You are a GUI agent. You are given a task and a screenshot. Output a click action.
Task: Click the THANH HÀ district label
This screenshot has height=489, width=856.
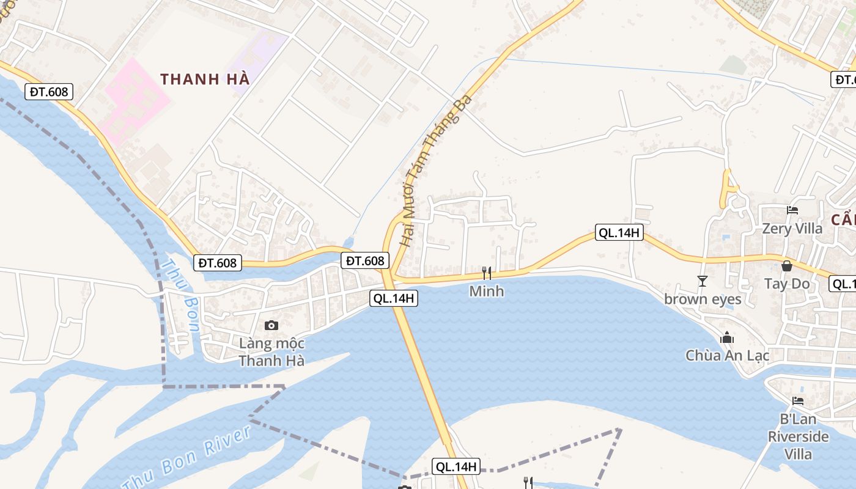(205, 79)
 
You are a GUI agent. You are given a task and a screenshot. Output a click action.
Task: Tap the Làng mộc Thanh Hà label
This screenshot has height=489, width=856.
(271, 352)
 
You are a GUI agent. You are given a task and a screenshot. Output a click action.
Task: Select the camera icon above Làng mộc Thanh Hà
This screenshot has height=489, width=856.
(271, 325)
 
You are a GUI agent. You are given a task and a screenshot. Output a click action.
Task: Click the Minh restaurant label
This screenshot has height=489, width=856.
(487, 291)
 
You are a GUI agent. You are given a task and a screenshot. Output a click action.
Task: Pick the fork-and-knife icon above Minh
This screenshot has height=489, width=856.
(487, 273)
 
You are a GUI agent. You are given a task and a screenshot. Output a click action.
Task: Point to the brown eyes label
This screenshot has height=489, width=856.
(703, 299)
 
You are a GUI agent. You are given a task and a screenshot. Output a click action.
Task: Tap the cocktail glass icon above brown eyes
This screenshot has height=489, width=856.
(702, 281)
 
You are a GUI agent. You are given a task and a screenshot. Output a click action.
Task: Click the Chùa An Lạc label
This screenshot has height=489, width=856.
(727, 355)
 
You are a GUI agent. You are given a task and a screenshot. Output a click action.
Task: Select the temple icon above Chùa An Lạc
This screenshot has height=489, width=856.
(727, 337)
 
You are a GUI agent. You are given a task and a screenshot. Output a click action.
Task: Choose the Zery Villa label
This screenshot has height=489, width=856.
(792, 229)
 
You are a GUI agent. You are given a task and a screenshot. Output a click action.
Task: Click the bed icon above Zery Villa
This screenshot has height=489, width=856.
(792, 210)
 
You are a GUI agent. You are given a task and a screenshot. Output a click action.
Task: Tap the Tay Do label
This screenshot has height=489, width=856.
(787, 284)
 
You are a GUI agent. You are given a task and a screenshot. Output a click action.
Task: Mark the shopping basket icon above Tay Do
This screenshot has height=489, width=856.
(787, 266)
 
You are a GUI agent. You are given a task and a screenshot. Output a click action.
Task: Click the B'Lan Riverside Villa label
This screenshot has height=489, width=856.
(799, 436)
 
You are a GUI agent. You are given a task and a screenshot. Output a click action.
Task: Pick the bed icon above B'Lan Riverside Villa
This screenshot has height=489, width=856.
(798, 401)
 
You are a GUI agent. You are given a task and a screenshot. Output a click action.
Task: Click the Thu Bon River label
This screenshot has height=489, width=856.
(187, 458)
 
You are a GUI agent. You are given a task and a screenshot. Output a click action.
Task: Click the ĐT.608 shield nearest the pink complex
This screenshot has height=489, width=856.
(49, 92)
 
